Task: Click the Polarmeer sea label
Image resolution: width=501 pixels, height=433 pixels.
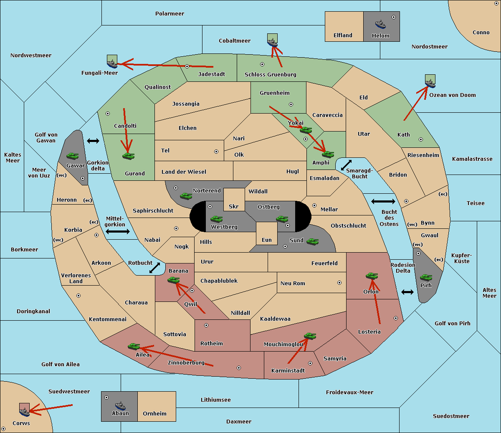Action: (x=170, y=14)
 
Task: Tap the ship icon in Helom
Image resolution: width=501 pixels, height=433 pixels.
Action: (x=380, y=24)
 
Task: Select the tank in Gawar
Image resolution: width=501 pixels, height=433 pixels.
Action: (x=73, y=156)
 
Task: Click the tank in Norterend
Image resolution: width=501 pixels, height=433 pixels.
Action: (x=186, y=196)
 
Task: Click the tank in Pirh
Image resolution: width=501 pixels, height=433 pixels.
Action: (x=426, y=277)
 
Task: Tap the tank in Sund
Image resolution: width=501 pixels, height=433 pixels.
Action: (x=312, y=241)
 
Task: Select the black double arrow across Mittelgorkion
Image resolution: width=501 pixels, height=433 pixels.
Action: (x=118, y=231)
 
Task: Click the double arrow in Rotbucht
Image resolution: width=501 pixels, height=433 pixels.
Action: (x=155, y=268)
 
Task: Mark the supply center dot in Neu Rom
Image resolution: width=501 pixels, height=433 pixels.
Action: (x=339, y=283)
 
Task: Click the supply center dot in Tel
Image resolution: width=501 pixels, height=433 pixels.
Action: (x=216, y=152)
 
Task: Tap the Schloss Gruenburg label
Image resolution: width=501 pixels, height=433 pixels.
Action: (x=271, y=75)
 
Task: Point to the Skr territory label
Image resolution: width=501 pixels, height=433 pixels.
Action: (x=234, y=206)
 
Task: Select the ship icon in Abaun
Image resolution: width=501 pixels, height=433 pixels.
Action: (x=121, y=405)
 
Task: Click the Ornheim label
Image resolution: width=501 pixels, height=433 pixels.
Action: (x=154, y=414)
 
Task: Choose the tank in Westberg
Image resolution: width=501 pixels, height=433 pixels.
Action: (x=216, y=219)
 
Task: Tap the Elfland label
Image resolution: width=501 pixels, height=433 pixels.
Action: (x=343, y=35)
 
